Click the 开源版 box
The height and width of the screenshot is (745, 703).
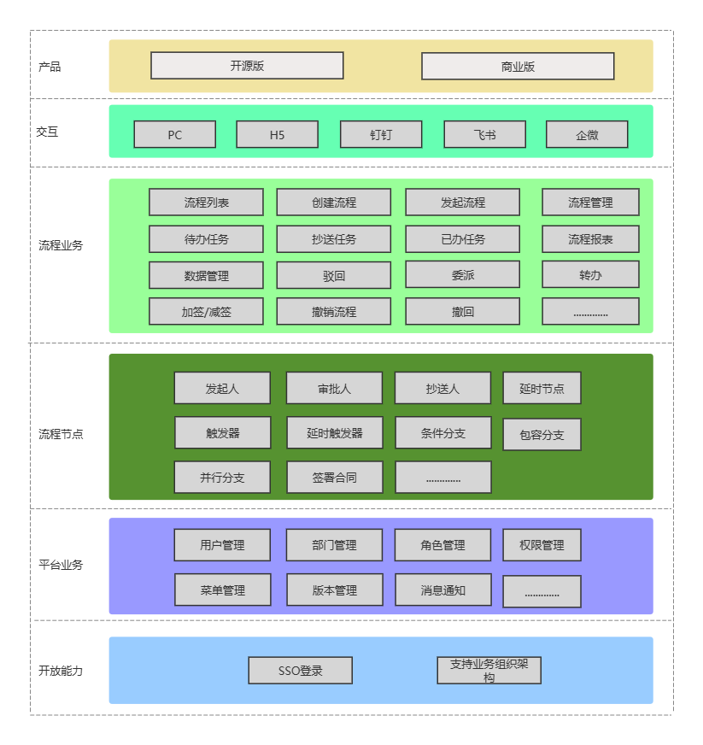247,66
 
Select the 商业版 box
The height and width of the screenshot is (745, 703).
518,66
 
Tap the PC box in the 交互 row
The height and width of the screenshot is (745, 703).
175,134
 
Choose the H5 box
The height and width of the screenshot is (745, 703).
278,134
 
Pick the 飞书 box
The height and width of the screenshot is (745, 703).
485,134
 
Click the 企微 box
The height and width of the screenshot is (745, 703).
587,134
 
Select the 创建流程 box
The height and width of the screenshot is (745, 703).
334,202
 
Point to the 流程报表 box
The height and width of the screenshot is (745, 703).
590,239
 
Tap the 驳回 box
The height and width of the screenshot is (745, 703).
334,276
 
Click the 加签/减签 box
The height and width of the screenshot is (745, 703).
206,312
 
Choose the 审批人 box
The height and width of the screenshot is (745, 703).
334,388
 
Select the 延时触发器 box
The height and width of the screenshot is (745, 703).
335,433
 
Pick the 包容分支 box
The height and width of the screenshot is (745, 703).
542,434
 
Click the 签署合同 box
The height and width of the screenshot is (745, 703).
335,477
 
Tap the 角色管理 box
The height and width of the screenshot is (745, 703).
442,545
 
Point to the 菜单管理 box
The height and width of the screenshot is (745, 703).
223,590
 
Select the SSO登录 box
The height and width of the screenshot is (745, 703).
300,671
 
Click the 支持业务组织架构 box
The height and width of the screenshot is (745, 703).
489,671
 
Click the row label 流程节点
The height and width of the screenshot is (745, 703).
61,434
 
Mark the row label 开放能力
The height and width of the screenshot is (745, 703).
61,671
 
